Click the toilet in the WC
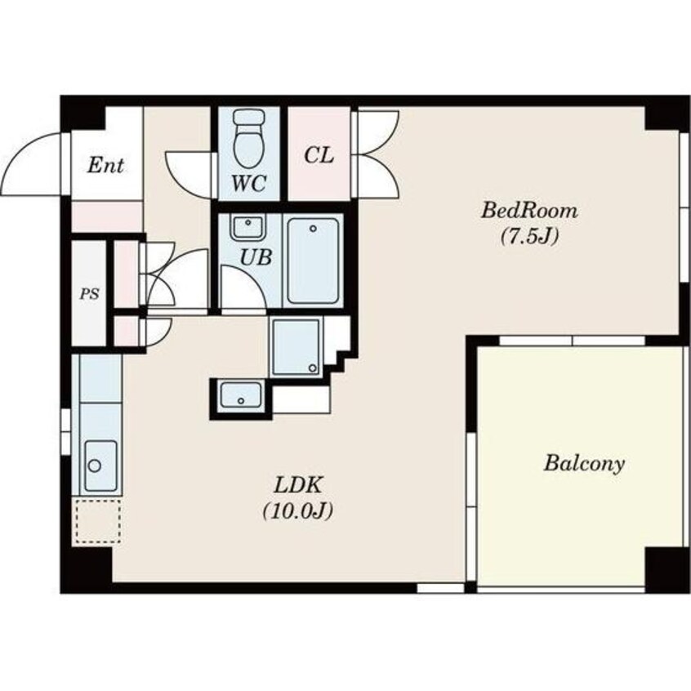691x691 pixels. coord(249,138)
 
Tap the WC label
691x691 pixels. coord(249,183)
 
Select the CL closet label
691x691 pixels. coord(319,155)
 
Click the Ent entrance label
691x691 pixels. coord(105,165)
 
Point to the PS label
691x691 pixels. coord(90,294)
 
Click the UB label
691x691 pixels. coord(256,257)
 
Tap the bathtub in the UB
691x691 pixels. coord(313,261)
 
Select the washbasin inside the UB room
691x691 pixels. coord(247,227)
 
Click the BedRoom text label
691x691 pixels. coord(529,210)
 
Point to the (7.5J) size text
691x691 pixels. coord(529,237)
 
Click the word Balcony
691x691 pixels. coord(584,464)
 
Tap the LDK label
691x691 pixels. coord(298,486)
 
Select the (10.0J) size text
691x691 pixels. coord(298,511)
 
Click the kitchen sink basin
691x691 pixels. coord(101,466)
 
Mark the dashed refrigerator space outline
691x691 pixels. coord(98,520)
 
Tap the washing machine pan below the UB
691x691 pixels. coord(296,348)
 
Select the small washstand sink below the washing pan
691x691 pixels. coord(241,395)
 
